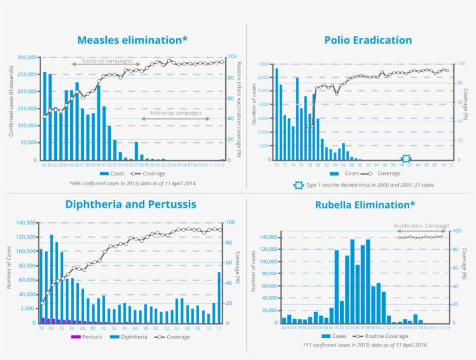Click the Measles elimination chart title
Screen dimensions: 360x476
(132, 40)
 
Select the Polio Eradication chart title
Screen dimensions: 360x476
(368, 40)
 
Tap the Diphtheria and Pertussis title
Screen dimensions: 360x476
(131, 204)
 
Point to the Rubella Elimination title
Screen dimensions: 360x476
(365, 205)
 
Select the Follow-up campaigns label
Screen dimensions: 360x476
(176, 113)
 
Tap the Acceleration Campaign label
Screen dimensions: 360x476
(421, 225)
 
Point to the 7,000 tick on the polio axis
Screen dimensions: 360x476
(262, 64)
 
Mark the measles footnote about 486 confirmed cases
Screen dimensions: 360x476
(133, 183)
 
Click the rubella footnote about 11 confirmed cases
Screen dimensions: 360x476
(365, 345)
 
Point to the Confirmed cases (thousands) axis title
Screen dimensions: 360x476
(11, 108)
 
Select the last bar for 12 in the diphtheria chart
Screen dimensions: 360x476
(219, 297)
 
